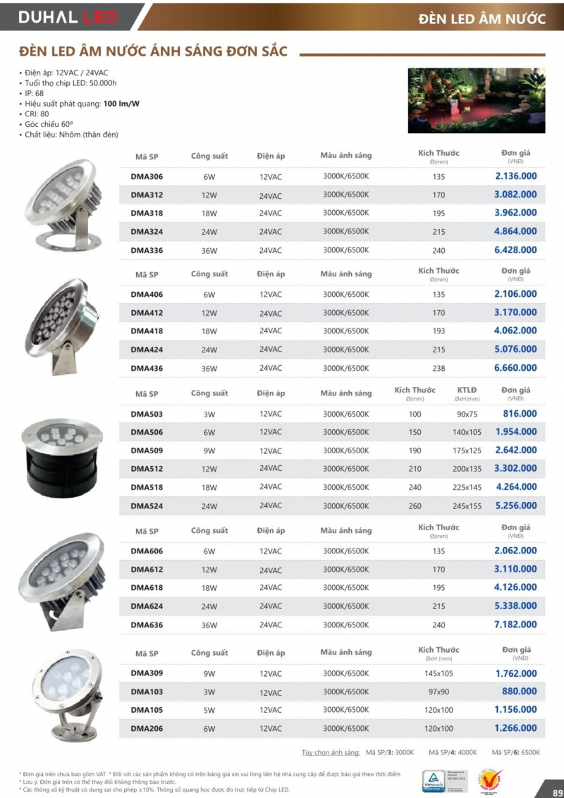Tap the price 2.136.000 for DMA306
[x=515, y=176]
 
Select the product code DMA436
[x=147, y=368]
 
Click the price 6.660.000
[x=515, y=368]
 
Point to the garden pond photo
[x=477, y=100]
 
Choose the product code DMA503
[x=147, y=415]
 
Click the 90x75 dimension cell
[x=467, y=415]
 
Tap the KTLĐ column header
[x=467, y=391]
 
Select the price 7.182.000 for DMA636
[x=515, y=625]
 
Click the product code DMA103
[x=147, y=692]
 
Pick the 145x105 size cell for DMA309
[x=439, y=674]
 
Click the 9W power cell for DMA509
[x=209, y=451]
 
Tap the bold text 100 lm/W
[x=121, y=104]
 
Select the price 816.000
[x=520, y=415]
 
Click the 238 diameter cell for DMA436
[x=439, y=368]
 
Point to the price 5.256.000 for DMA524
[x=515, y=505]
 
